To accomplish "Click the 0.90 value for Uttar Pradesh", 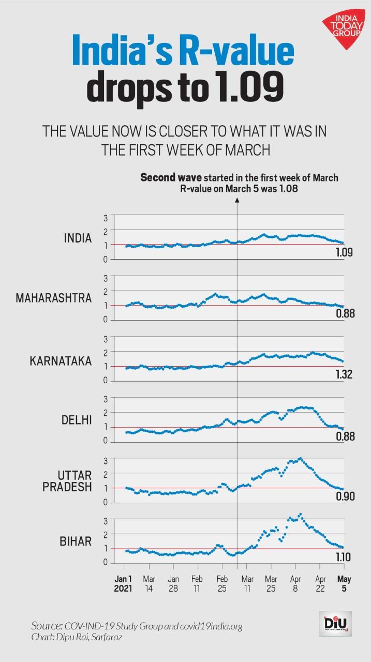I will [342, 497].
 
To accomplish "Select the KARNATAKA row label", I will [61, 361].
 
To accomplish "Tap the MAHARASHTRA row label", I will [54, 298].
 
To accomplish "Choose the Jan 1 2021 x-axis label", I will [124, 583].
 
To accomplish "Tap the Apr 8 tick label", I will [295, 583].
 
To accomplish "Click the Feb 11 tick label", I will [198, 583].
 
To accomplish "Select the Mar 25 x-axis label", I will [271, 583].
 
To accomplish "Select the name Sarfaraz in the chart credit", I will [100, 636].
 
